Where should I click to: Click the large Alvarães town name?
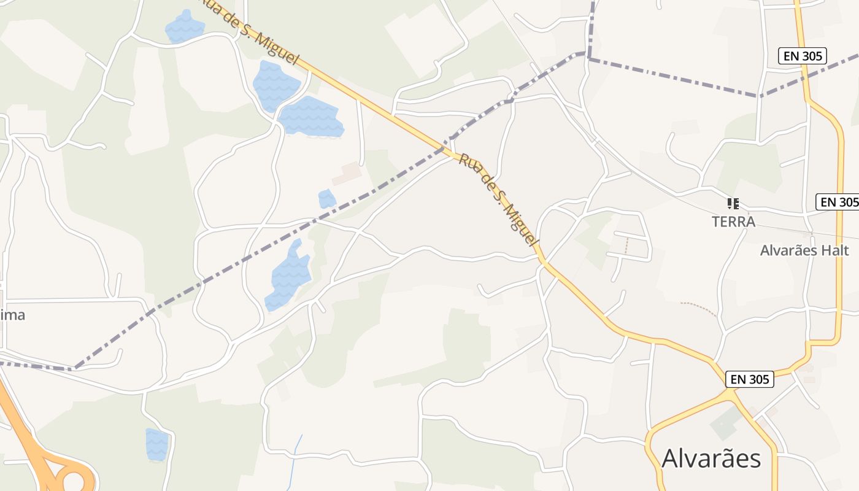click(x=711, y=458)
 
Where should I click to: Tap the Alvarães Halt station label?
click(x=804, y=250)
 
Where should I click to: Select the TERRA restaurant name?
click(x=733, y=222)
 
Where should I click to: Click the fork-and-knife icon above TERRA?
click(x=733, y=203)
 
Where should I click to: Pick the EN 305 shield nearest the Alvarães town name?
click(x=749, y=379)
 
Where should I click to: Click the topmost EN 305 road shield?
click(x=803, y=56)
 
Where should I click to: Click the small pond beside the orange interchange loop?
click(x=156, y=444)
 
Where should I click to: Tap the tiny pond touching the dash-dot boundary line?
click(x=326, y=199)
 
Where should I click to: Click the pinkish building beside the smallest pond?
click(x=347, y=174)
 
